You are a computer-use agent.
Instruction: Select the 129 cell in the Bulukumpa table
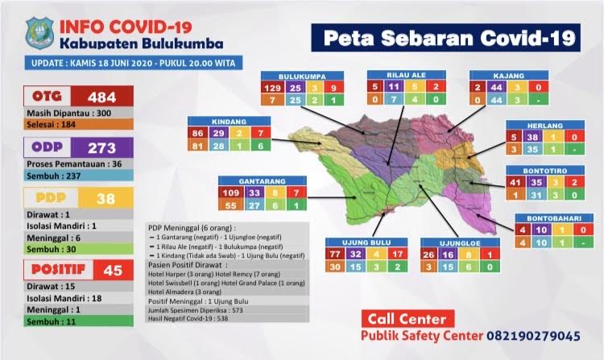point(272,87)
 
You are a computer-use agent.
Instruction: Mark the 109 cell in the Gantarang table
point(230,193)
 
